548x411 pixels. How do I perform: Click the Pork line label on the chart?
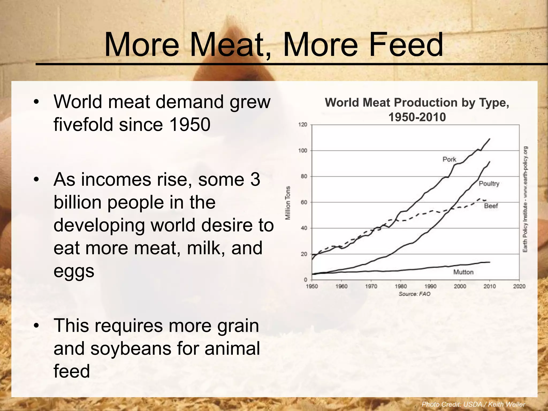(449, 159)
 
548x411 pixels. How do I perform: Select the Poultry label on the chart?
(489, 184)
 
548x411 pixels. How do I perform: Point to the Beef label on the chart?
(491, 206)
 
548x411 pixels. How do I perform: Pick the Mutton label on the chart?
(463, 272)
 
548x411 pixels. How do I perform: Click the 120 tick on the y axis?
(303, 125)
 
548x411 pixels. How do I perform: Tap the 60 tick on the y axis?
(304, 202)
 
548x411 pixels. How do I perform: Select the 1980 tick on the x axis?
(401, 286)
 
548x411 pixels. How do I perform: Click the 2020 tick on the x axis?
(519, 286)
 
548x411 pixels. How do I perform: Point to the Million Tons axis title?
(288, 203)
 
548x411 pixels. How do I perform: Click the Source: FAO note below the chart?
(414, 294)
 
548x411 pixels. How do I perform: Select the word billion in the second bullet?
(78, 202)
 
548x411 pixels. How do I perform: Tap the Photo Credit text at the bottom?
(473, 404)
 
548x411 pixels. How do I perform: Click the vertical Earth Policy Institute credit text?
(525, 199)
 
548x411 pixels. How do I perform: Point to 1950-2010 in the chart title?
(417, 117)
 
